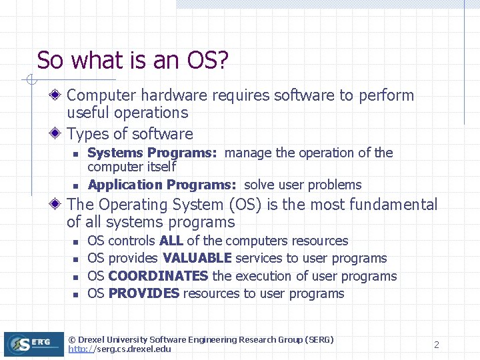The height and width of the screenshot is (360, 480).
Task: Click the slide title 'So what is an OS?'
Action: [133, 60]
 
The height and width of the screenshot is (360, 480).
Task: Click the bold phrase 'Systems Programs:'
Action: [152, 153]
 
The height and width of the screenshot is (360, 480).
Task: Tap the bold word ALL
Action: [171, 241]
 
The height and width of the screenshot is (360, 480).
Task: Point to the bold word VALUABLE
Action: [197, 258]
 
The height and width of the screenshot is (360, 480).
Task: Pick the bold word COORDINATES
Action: [158, 276]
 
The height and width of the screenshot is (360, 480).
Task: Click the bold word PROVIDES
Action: [143, 293]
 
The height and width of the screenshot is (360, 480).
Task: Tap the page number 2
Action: [437, 345]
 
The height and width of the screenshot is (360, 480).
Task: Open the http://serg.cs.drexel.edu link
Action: [119, 349]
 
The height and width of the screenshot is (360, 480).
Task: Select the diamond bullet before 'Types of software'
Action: [59, 134]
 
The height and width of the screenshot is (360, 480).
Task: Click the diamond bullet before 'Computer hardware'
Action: [59, 96]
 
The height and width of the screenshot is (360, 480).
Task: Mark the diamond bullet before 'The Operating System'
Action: [59, 205]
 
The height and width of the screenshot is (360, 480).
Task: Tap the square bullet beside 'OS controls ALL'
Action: [76, 241]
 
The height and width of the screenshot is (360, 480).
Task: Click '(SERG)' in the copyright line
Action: [319, 339]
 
